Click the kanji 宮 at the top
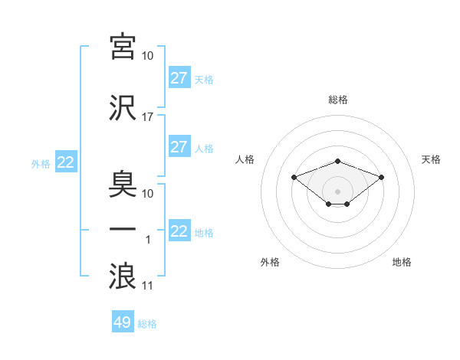(123, 47)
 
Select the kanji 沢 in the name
(123, 108)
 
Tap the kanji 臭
(123, 185)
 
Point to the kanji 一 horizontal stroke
(123, 229)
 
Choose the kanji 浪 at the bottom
(123, 276)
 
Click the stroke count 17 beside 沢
(147, 117)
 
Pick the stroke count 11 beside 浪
(147, 286)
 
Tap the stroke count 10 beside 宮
(147, 56)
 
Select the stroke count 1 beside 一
(148, 240)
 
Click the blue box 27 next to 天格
(180, 77)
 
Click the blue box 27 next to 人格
(180, 146)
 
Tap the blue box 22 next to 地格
(180, 230)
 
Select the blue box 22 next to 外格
(66, 162)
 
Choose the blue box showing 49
(123, 321)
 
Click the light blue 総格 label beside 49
(147, 324)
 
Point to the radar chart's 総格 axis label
(338, 100)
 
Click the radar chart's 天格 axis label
(431, 159)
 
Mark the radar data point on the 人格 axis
(294, 178)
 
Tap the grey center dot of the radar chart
(337, 191)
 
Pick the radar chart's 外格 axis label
(270, 262)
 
